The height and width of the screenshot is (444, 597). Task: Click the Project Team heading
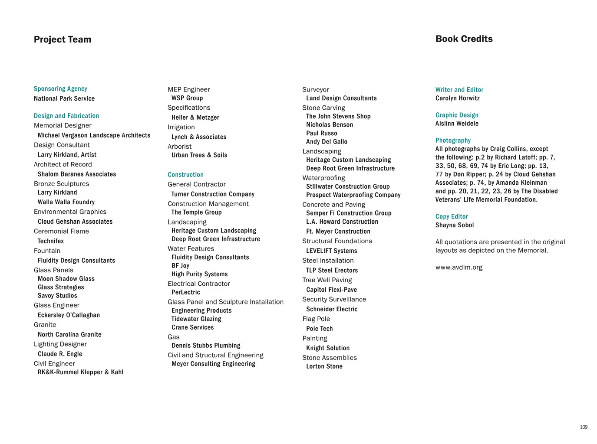pyautogui.click(x=63, y=39)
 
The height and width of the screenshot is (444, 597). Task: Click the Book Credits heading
pyautogui.click(x=464, y=39)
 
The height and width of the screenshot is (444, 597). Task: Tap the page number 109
pyautogui.click(x=584, y=427)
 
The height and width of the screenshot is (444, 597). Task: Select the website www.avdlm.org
pyautogui.click(x=458, y=267)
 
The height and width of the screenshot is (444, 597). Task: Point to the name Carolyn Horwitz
pyautogui.click(x=457, y=98)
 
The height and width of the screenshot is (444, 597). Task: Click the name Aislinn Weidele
pyautogui.click(x=457, y=124)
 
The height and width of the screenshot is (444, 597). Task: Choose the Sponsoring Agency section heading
pyautogui.click(x=60, y=89)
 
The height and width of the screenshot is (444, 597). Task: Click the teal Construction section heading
pyautogui.click(x=185, y=175)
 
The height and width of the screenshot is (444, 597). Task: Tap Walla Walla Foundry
pyautogui.click(x=66, y=202)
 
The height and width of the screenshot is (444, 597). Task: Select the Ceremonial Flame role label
pyautogui.click(x=61, y=231)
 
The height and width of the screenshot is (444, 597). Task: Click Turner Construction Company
pyautogui.click(x=213, y=194)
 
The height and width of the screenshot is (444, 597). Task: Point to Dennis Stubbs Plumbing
pyautogui.click(x=206, y=346)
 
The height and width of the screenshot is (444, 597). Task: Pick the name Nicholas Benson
pyautogui.click(x=330, y=125)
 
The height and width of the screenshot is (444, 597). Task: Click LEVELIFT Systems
pyautogui.click(x=331, y=251)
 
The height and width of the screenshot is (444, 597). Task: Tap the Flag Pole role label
pyautogui.click(x=316, y=319)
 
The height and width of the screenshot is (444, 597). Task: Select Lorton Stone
pyautogui.click(x=324, y=366)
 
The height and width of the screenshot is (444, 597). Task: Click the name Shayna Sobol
pyautogui.click(x=455, y=225)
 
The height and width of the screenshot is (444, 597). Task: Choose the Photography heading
pyautogui.click(x=453, y=140)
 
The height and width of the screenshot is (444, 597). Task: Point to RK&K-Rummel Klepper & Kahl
pyautogui.click(x=80, y=372)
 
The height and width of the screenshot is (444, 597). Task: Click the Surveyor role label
pyautogui.click(x=315, y=90)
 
